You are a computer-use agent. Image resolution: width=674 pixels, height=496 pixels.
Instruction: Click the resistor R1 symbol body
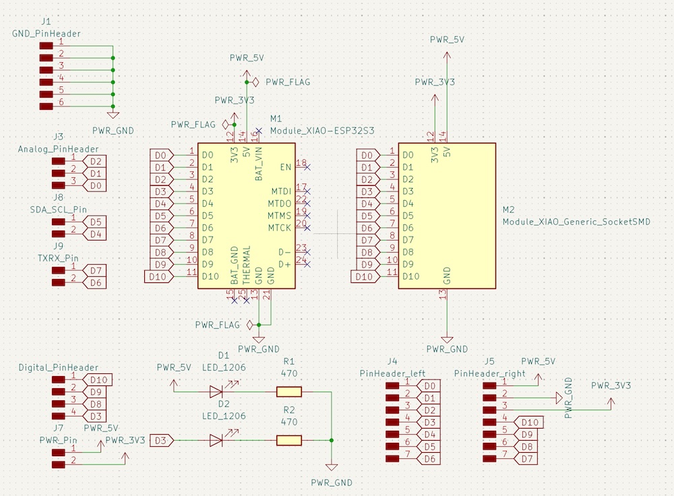[288, 392]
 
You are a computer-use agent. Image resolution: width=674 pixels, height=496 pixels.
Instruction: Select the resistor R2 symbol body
[288, 441]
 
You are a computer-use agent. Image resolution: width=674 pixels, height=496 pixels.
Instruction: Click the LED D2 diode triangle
[216, 441]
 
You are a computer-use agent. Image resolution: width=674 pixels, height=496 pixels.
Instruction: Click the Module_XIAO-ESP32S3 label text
[321, 130]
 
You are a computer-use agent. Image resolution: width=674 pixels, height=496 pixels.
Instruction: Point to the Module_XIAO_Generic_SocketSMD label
[576, 221]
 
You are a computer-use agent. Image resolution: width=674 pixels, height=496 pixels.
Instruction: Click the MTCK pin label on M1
[279, 228]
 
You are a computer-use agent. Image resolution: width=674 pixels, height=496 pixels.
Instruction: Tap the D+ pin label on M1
[284, 264]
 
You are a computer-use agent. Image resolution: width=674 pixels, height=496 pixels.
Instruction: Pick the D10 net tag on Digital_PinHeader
[100, 379]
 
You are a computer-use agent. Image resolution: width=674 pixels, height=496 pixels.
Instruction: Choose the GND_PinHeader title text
[47, 33]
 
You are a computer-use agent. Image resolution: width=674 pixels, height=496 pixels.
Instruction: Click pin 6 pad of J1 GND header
[46, 106]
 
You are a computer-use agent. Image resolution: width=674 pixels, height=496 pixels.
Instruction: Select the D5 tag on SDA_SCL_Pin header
[95, 222]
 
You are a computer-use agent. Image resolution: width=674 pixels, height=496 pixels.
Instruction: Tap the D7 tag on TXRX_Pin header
[95, 271]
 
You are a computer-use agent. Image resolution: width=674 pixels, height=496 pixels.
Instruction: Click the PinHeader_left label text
[392, 373]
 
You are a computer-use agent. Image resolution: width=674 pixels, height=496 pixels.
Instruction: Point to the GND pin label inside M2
[446, 275]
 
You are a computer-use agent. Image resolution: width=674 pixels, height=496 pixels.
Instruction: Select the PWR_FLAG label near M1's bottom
[217, 325]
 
